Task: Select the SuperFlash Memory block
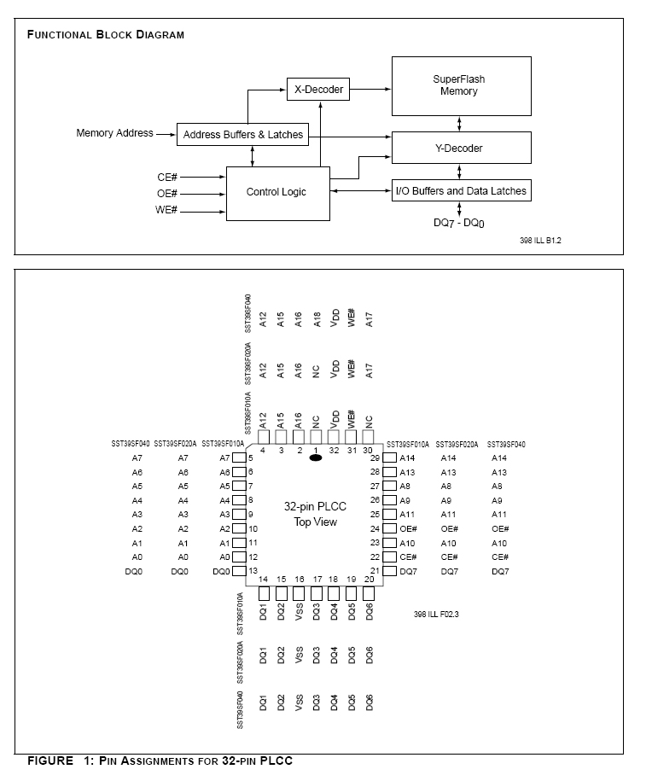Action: (460, 85)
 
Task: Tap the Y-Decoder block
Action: (460, 149)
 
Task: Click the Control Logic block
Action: (276, 192)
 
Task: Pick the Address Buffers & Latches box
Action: (243, 134)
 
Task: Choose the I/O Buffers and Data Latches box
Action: (460, 190)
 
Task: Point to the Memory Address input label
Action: (114, 133)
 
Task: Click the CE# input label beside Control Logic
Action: (167, 177)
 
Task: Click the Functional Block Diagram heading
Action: (106, 35)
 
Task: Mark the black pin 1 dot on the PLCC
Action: (316, 458)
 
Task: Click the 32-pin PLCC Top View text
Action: (315, 514)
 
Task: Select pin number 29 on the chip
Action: (375, 458)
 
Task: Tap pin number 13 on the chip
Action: (253, 571)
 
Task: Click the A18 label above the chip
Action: (317, 319)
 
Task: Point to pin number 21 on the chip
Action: (375, 571)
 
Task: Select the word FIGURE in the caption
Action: (50, 761)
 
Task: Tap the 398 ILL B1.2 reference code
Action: (540, 241)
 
